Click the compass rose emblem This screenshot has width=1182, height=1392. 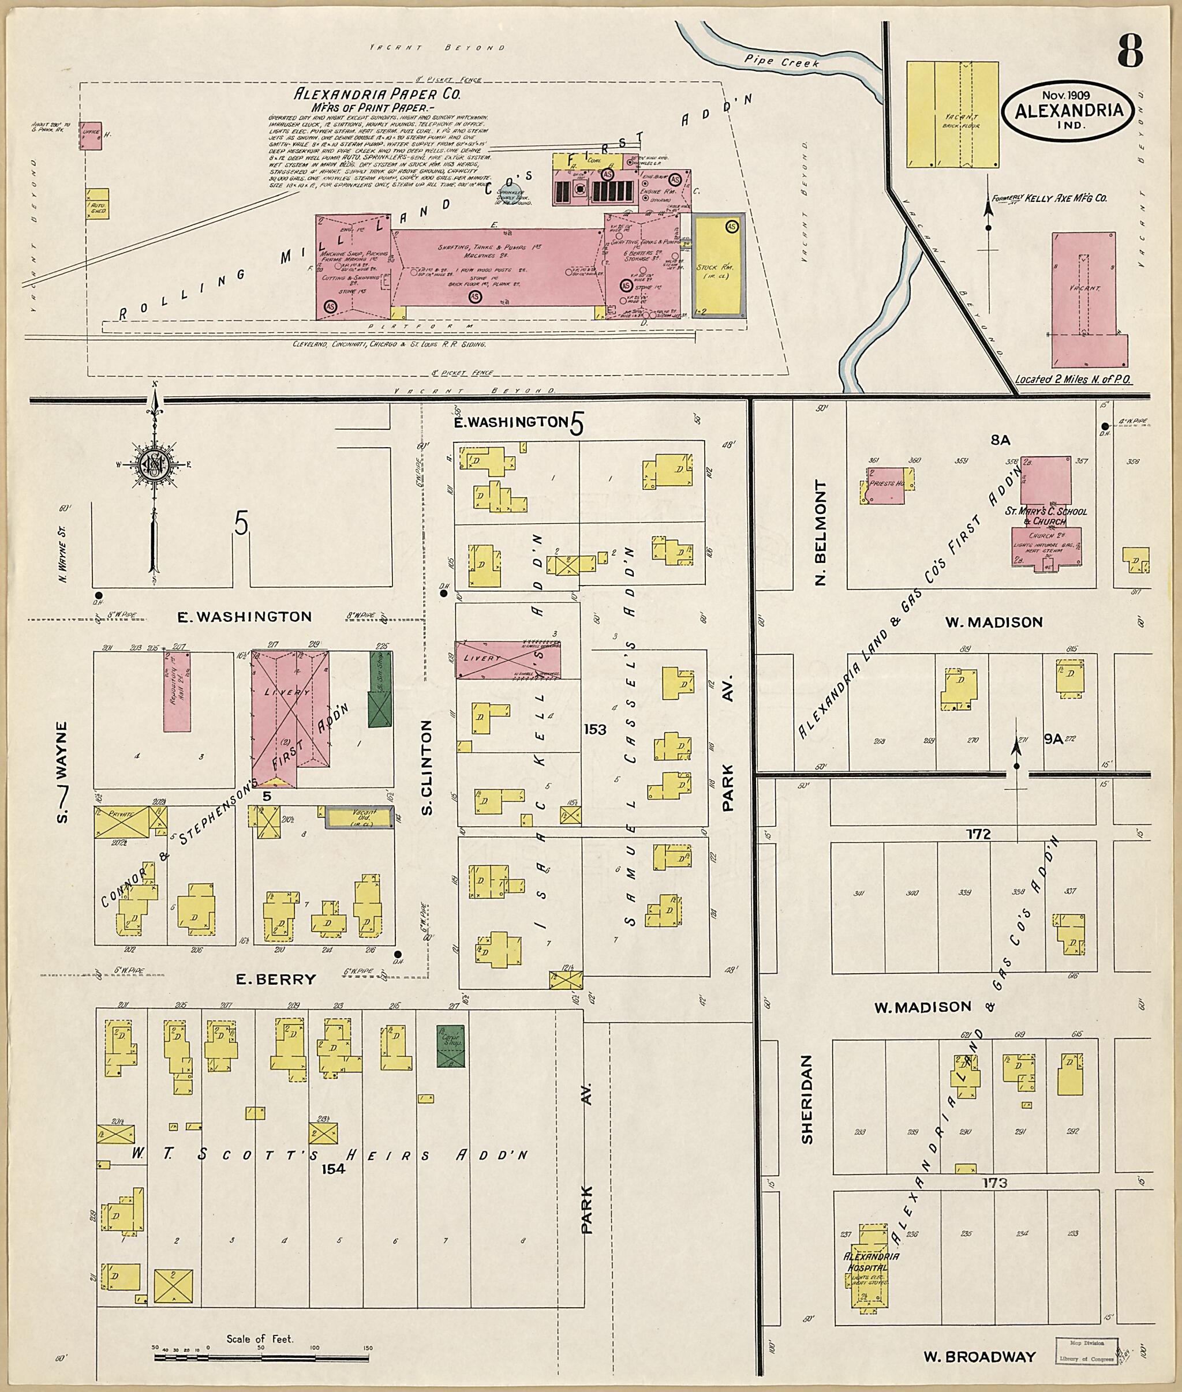tap(155, 464)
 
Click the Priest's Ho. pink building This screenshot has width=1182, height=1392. tap(886, 486)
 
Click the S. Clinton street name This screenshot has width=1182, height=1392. tap(426, 767)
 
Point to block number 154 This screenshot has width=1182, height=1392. tap(332, 1169)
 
